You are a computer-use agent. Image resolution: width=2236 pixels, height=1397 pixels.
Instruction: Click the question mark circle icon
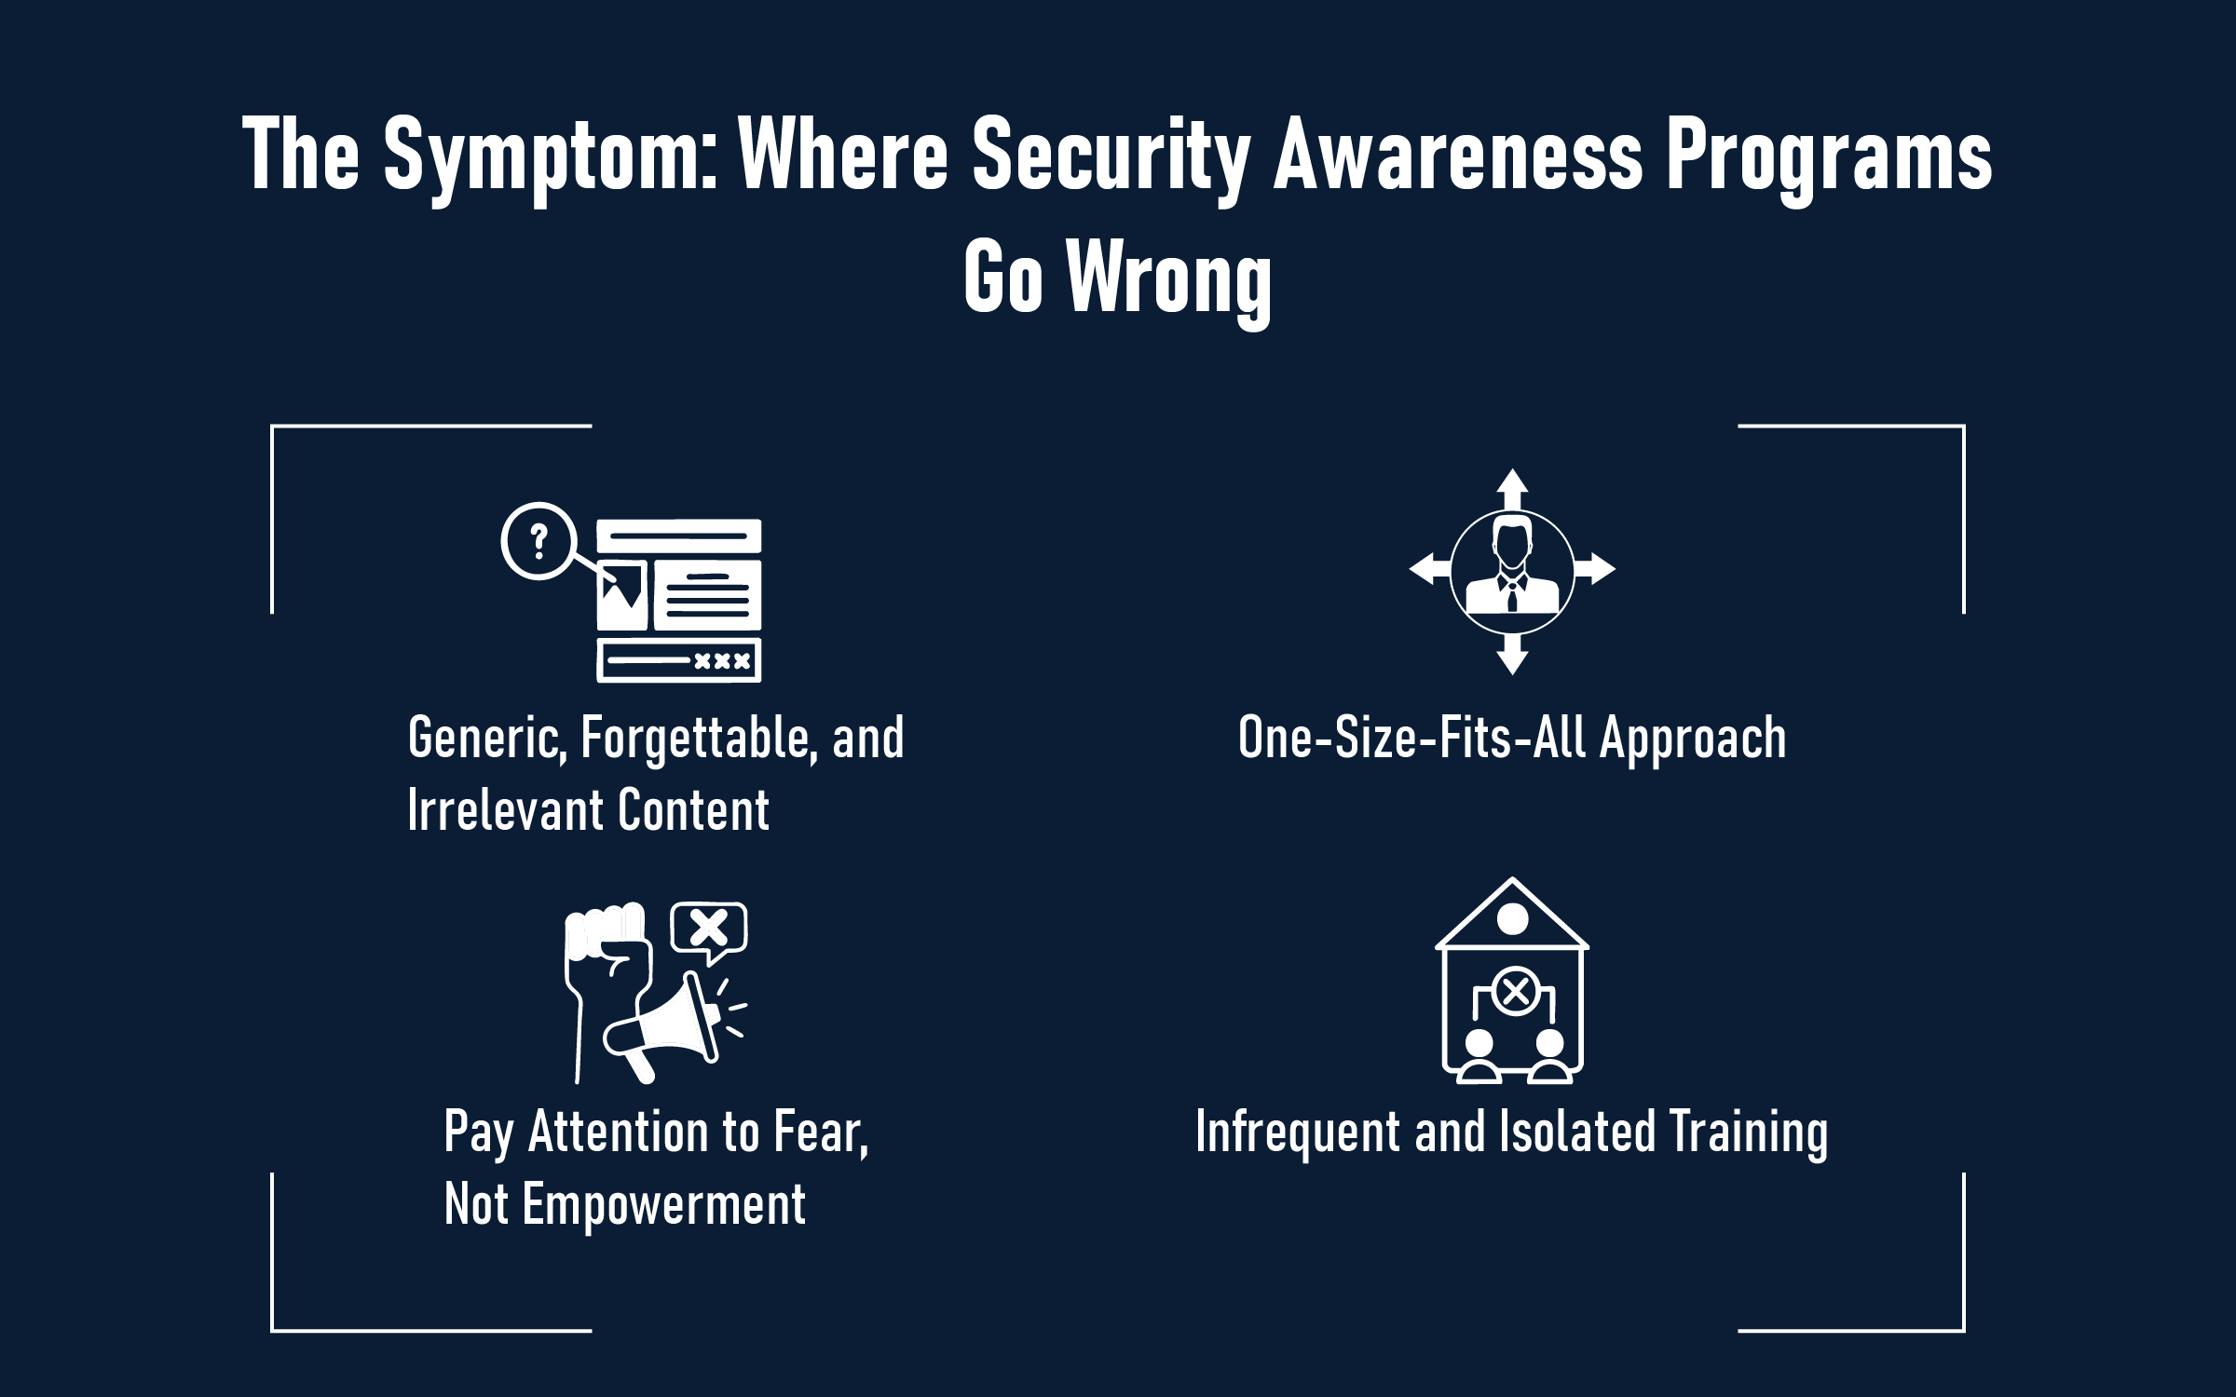point(537,541)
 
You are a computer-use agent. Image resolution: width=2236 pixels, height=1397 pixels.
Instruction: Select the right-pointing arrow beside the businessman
point(1595,568)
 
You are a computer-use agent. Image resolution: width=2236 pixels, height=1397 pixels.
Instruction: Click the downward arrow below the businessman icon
point(1512,654)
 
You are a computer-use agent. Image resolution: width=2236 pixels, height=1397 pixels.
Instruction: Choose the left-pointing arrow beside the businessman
point(1429,568)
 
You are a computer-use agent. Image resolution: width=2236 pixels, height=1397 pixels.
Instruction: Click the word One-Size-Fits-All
point(1411,739)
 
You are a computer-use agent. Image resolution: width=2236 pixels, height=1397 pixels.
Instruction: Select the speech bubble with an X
point(710,929)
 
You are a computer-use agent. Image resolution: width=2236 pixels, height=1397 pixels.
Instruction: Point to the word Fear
point(820,1133)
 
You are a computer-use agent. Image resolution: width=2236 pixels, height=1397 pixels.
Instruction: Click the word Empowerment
point(663,1204)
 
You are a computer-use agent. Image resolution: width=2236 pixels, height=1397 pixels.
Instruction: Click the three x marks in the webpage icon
point(722,661)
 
